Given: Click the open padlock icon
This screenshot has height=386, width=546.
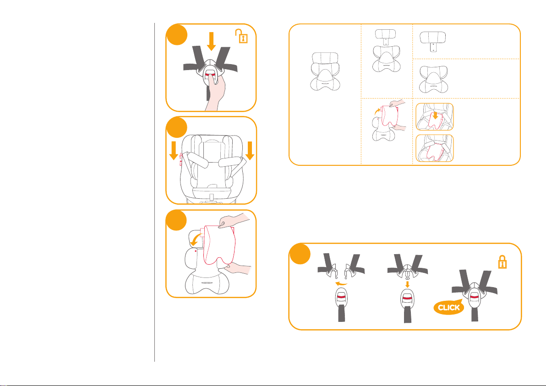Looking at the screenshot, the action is click(241, 36).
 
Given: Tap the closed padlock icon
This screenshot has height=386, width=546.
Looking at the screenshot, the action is click(502, 261).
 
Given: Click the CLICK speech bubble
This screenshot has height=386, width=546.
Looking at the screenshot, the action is click(449, 307).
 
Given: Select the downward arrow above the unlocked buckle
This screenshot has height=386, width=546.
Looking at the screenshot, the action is click(211, 41).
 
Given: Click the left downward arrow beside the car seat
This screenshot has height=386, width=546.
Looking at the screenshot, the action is click(174, 150).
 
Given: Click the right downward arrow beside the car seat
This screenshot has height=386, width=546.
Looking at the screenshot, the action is click(250, 150).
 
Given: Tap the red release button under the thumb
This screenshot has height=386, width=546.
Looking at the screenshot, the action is click(210, 75).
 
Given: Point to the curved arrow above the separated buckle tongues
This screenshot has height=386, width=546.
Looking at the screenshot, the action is click(341, 284).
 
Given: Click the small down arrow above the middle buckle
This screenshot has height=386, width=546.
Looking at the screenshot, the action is click(407, 284).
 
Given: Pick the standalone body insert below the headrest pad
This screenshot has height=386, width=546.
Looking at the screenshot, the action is click(433, 80).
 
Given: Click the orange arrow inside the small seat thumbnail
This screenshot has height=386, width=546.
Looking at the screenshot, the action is click(435, 115).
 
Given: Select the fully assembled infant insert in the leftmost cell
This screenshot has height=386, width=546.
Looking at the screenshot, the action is click(325, 72).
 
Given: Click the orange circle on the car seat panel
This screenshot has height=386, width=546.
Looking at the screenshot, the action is click(176, 127).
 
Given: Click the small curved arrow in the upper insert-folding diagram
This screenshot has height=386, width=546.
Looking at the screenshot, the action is click(377, 111).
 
